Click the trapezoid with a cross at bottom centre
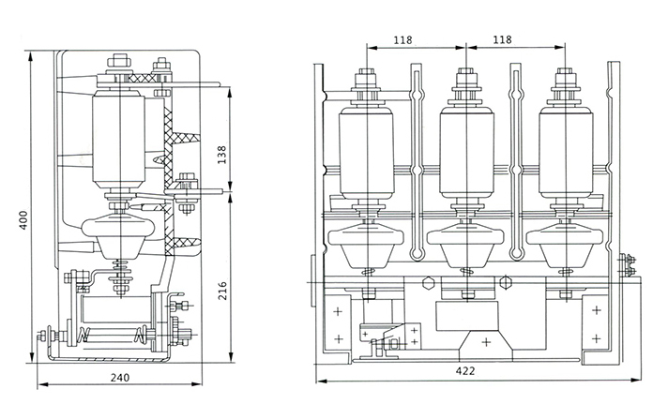485,342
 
